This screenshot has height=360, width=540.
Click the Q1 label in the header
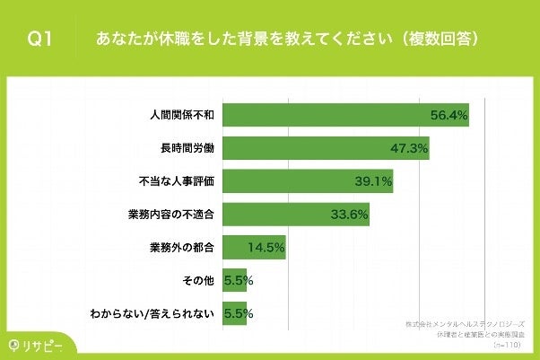(x=40, y=40)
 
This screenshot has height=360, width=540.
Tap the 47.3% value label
(x=408, y=148)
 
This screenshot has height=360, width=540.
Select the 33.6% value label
(x=349, y=215)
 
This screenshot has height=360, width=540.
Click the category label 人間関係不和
(x=182, y=116)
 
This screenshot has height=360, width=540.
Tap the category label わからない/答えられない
(x=153, y=314)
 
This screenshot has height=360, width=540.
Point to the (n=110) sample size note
(x=510, y=344)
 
